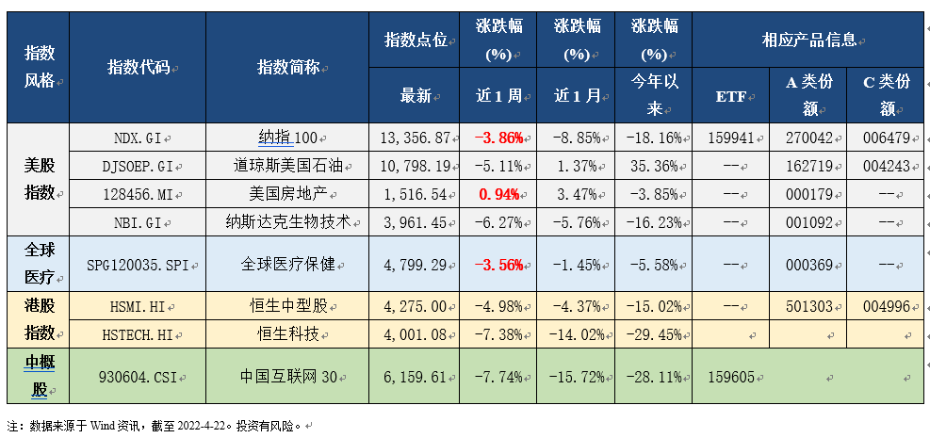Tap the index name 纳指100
[x=287, y=138]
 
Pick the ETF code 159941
[x=730, y=138]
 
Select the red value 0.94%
[x=499, y=194]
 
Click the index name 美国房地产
[x=287, y=194]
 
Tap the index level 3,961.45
[x=414, y=222]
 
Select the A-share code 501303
[x=808, y=306]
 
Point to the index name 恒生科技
[x=287, y=333]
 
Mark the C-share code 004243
[x=886, y=166]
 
